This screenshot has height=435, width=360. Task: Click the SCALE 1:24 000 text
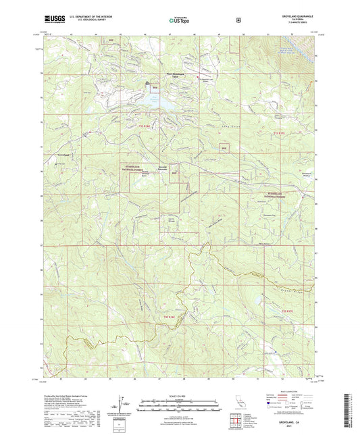click(180, 394)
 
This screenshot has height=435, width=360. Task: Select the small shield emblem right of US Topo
click(238, 20)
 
